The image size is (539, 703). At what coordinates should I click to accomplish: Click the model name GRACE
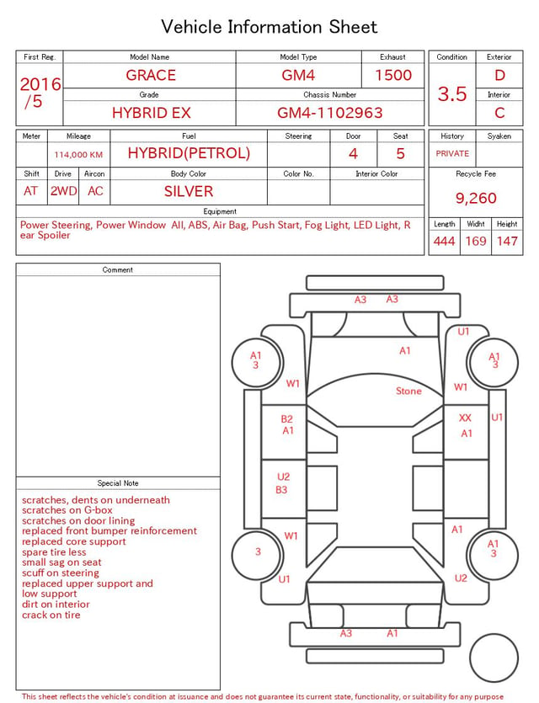151,75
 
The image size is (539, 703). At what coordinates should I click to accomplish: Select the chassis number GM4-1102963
330,113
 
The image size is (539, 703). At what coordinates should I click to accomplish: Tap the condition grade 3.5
452,94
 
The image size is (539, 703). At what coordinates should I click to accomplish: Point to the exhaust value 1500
393,75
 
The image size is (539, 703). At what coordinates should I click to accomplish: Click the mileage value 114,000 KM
78,155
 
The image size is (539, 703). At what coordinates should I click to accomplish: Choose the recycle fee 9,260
476,198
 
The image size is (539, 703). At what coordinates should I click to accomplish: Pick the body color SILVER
189,191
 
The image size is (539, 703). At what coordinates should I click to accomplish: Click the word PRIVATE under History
452,153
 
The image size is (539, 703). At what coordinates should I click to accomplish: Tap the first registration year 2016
40,84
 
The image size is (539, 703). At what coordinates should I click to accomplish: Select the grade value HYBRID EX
151,113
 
